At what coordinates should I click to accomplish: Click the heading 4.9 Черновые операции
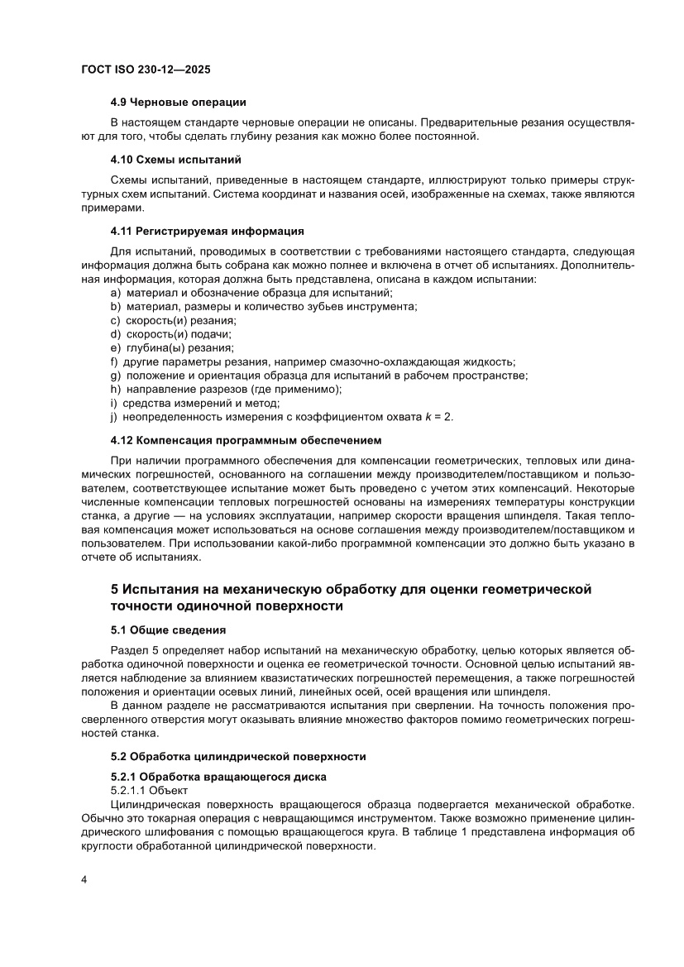pos(178,102)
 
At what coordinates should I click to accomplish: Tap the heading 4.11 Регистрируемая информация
pos(207,229)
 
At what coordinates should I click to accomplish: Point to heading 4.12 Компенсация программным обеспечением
pos(246,439)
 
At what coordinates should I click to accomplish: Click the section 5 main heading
pos(352,597)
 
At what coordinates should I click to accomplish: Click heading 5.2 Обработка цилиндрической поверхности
pos(238,756)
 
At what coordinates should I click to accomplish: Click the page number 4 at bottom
pos(84,879)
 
